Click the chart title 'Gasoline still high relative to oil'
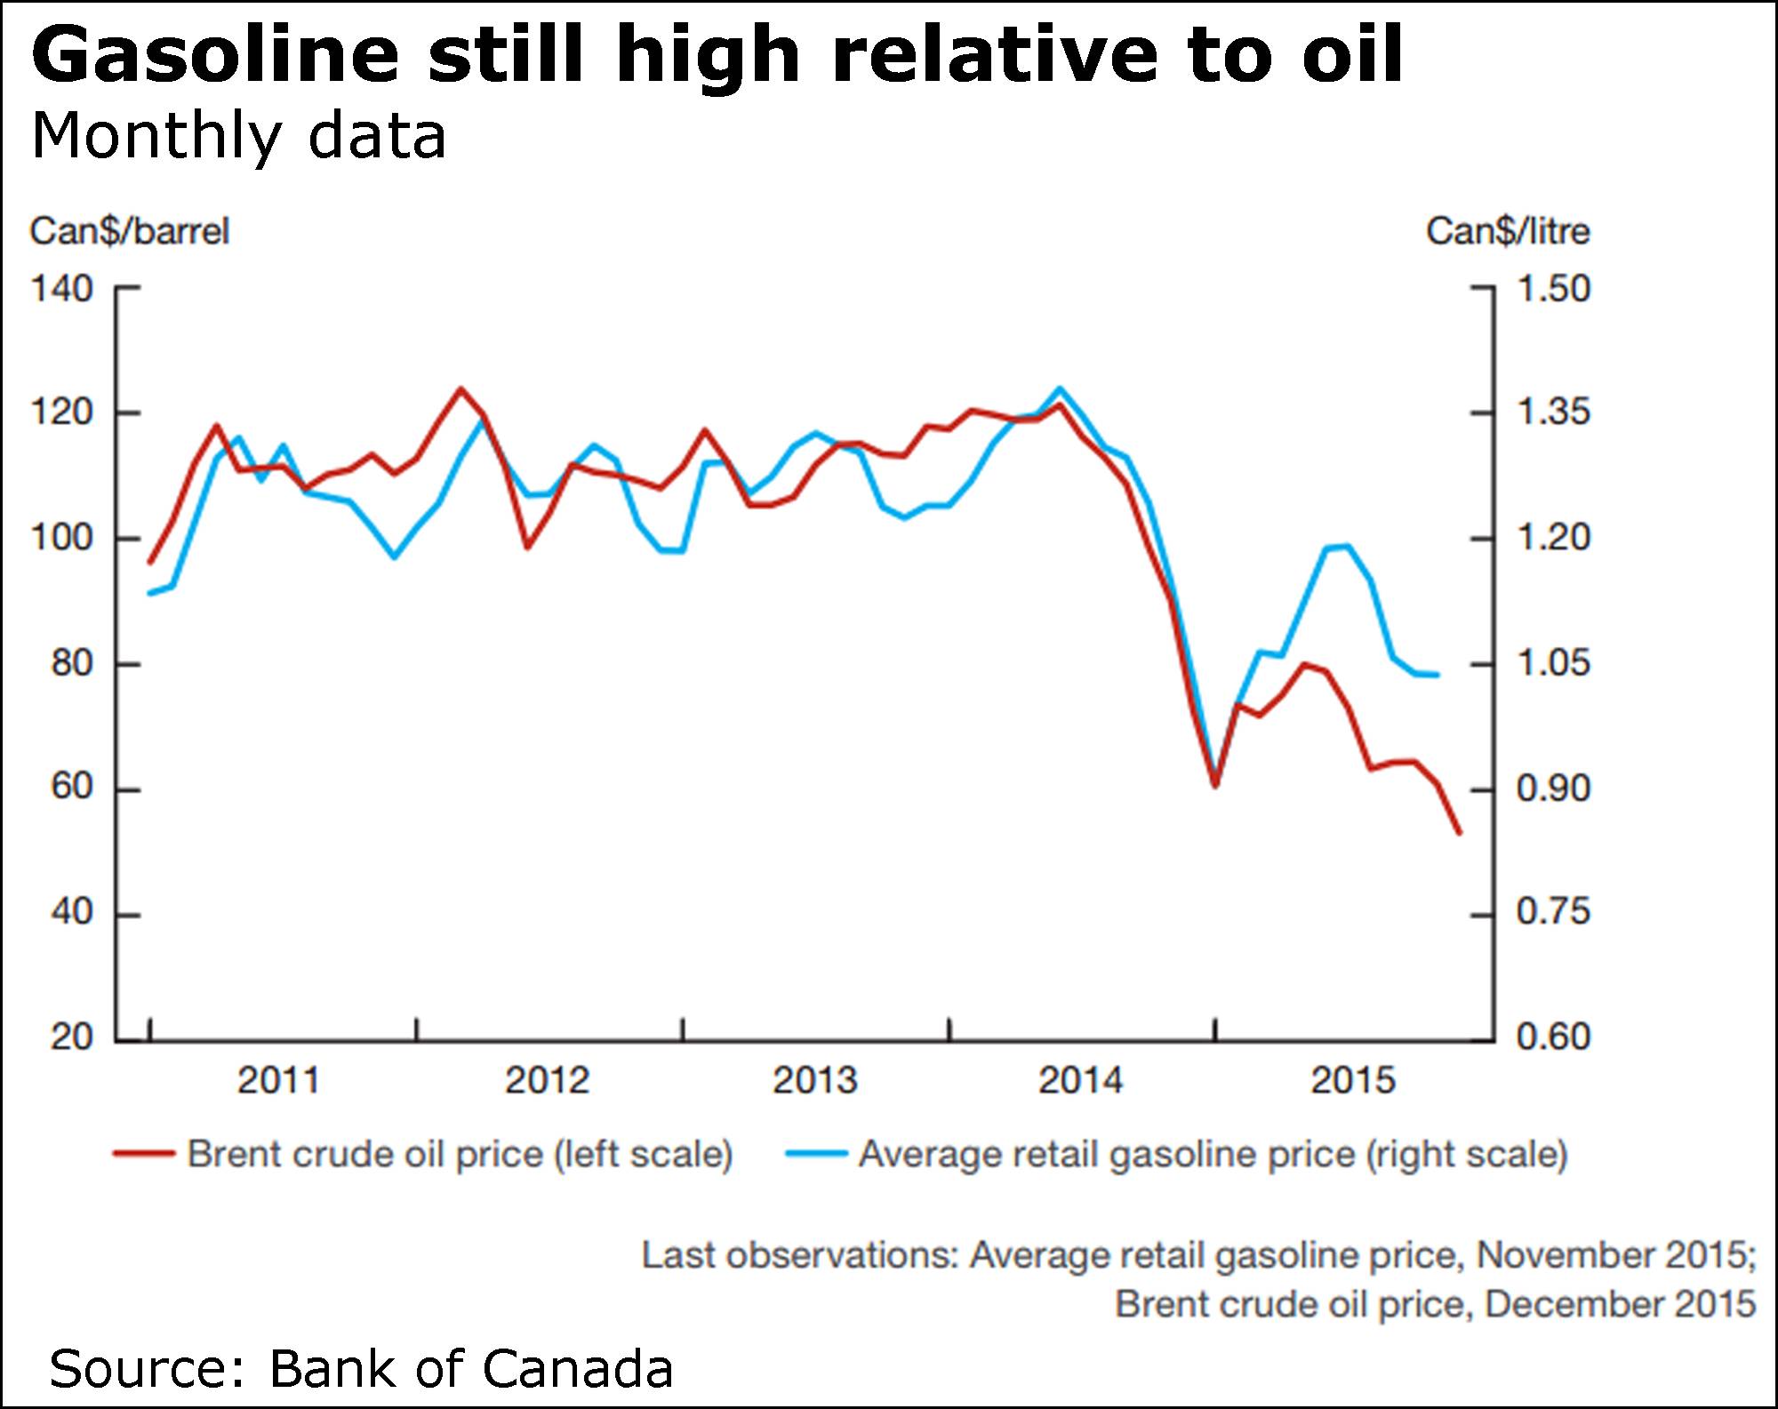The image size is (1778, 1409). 717,55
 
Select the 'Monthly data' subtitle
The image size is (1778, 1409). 238,137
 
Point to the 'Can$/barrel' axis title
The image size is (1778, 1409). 130,232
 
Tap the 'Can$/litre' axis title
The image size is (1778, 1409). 1508,232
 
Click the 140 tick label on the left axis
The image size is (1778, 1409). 61,289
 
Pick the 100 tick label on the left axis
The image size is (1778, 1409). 61,538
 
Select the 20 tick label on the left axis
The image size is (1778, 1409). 71,1037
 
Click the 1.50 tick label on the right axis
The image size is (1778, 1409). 1552,289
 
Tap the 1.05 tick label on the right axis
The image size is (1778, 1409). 1552,663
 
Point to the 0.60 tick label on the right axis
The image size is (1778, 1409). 1552,1037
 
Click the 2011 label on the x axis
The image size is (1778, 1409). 277,1080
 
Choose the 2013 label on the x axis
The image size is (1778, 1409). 814,1080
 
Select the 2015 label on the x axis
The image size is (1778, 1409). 1353,1080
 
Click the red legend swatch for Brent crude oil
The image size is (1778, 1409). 143,1155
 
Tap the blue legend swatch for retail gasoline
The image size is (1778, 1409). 815,1155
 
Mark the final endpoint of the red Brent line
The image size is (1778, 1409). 1460,834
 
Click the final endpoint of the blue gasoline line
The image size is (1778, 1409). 1438,676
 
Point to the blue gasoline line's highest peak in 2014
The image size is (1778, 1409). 1059,388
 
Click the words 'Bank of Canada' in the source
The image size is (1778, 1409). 470,1369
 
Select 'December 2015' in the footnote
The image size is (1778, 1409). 1620,1305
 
